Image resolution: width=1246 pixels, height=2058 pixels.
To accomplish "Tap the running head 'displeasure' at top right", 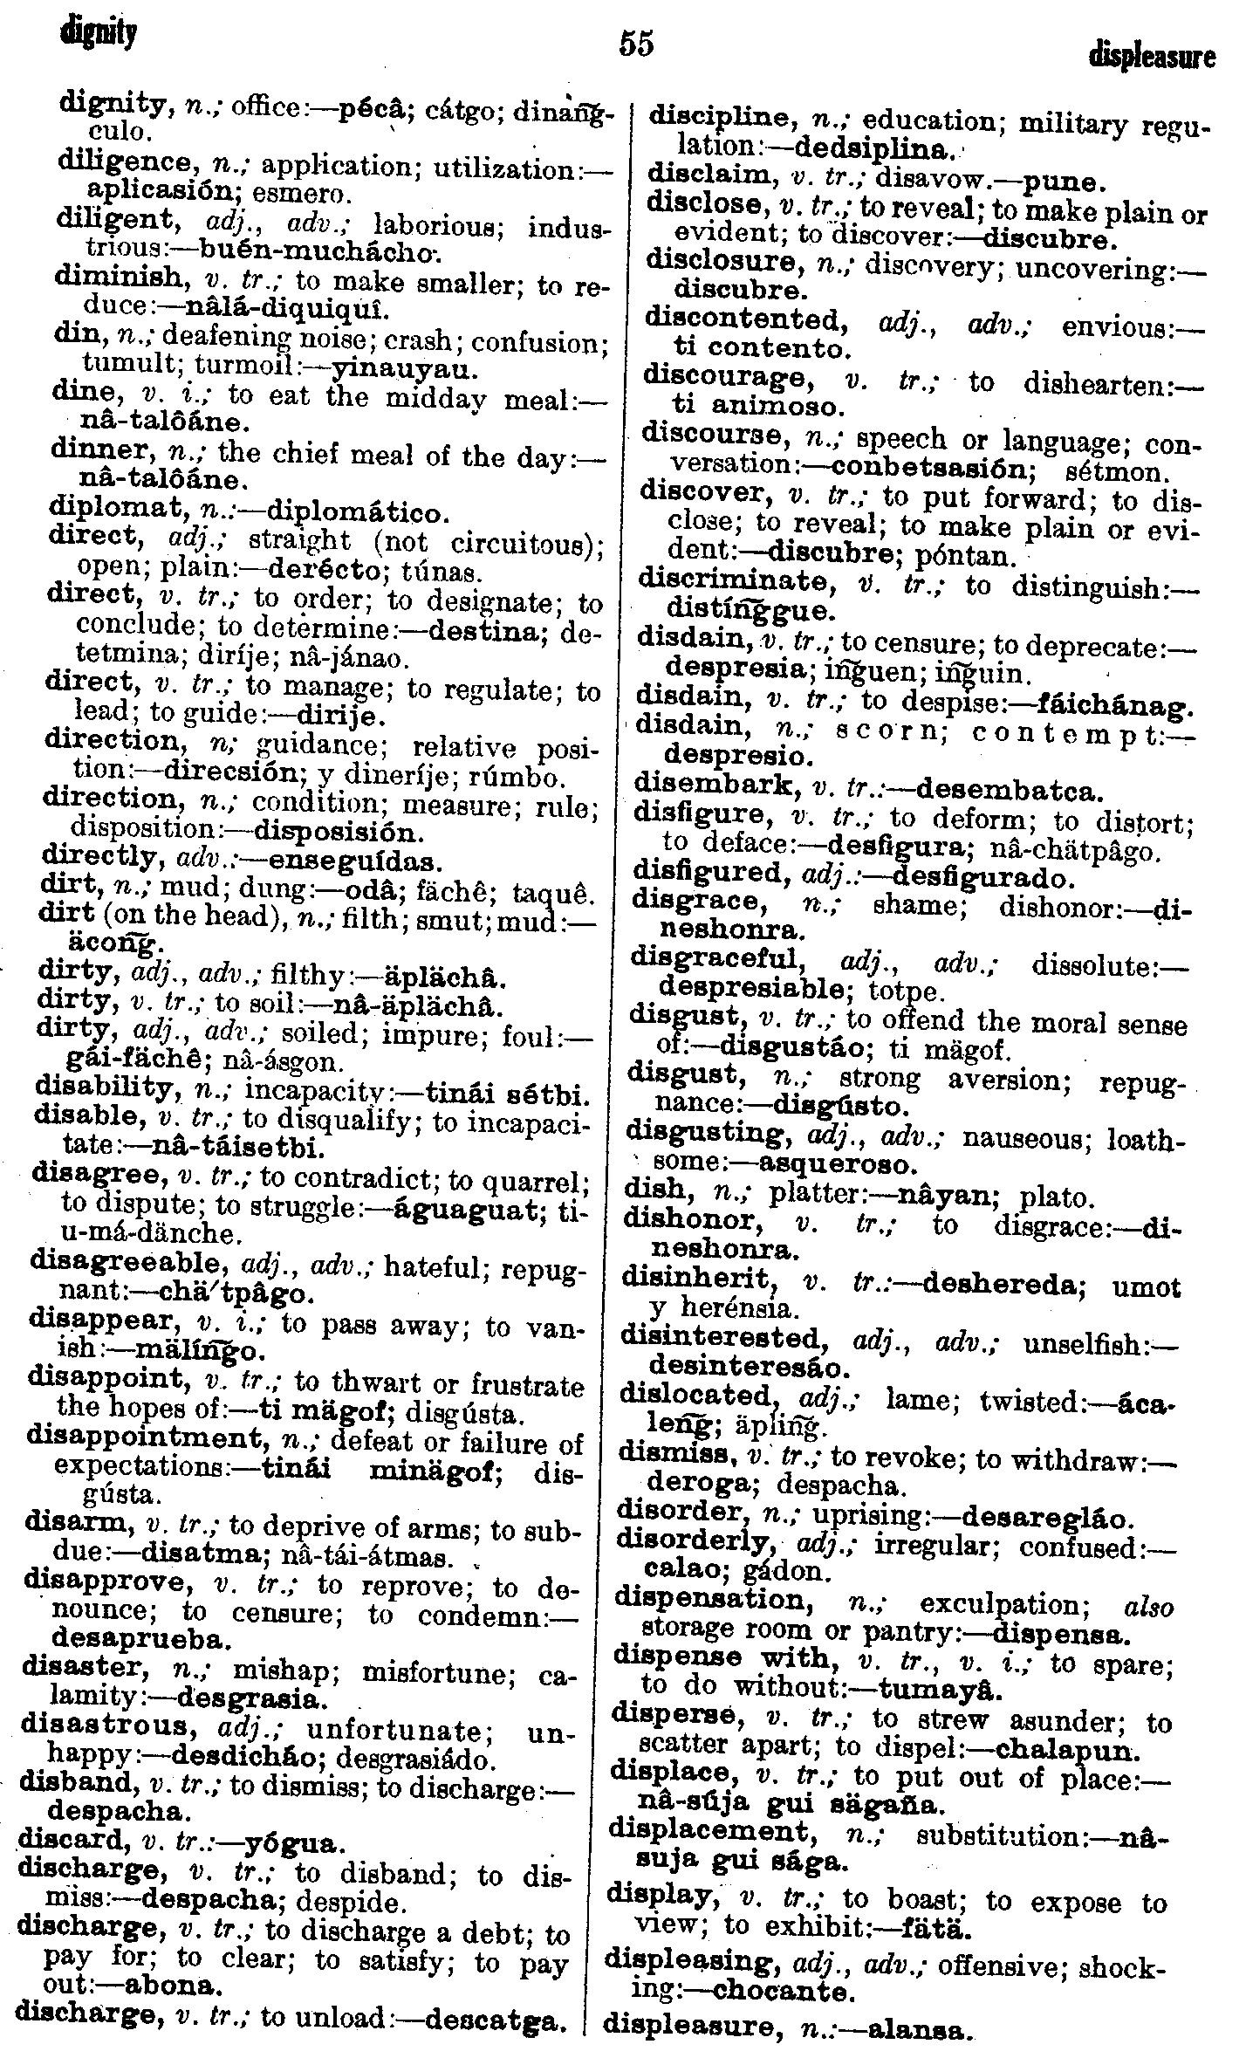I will point(1152,57).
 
